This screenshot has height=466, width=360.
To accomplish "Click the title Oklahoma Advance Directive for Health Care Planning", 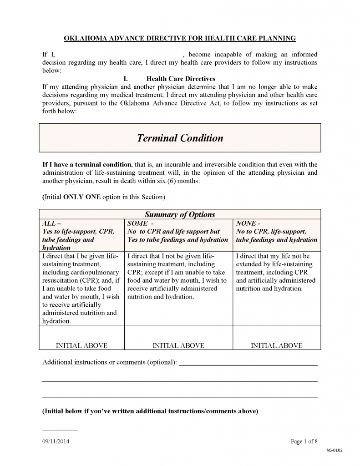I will point(180,38).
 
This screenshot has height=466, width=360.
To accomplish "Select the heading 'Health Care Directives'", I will point(181,79).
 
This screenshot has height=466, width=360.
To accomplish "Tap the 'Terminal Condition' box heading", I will point(180,138).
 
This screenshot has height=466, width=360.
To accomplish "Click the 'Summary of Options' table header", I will point(180,214).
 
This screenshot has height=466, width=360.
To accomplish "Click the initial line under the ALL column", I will point(81,340).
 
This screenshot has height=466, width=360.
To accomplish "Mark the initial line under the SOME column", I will point(178,340).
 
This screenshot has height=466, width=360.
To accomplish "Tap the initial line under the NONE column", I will point(276,340).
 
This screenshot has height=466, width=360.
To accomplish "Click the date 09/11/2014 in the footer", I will point(56,441).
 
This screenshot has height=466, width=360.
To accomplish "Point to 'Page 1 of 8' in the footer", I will point(304,441).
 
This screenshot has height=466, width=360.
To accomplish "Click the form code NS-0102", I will point(334,451).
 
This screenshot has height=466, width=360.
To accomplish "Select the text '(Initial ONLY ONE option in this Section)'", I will point(103,197).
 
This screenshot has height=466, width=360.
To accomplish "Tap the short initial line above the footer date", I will point(60,430).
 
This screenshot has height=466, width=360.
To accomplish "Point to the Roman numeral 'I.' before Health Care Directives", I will point(126,79).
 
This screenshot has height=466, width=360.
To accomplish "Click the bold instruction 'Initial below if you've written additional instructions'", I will point(150,411).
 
